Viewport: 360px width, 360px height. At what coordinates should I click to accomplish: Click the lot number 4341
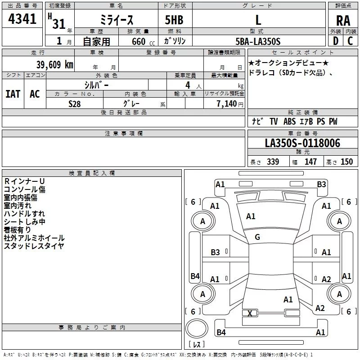[x=22, y=20]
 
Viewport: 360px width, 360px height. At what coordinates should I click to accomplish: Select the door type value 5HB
[x=174, y=21]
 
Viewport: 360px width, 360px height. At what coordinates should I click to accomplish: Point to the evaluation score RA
[x=343, y=21]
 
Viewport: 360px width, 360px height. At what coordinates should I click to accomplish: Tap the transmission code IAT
[x=13, y=94]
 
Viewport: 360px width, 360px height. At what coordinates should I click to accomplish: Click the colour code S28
[x=75, y=103]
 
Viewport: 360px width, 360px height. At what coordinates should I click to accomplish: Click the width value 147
[x=310, y=162]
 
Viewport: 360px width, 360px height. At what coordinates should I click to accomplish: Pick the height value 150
[x=346, y=162]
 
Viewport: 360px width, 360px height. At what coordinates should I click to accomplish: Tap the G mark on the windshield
[x=257, y=237]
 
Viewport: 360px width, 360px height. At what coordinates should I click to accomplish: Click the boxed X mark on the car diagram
[x=250, y=313]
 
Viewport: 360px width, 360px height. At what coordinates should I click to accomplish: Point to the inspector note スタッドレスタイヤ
[x=34, y=246]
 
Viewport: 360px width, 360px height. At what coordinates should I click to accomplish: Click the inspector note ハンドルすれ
[x=24, y=214]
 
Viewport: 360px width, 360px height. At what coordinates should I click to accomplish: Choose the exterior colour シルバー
[x=96, y=85]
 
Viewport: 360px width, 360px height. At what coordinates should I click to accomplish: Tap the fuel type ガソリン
[x=175, y=41]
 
